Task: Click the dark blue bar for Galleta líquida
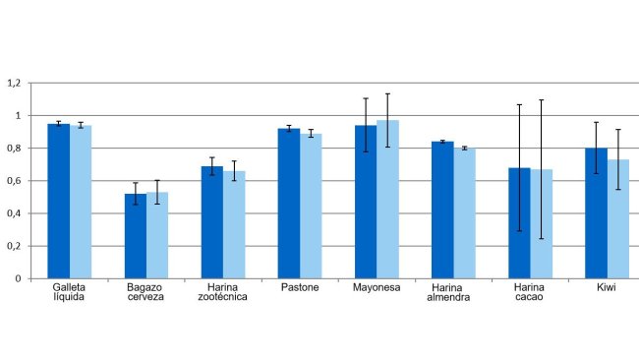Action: click(x=58, y=202)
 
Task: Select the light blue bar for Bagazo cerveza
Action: click(x=156, y=236)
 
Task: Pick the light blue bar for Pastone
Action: click(x=311, y=207)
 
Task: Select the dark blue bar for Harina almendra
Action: click(x=442, y=210)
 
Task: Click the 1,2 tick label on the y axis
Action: click(x=13, y=84)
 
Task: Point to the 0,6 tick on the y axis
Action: click(x=13, y=181)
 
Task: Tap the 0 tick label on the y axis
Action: click(x=18, y=278)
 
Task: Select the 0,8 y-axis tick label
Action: click(x=13, y=149)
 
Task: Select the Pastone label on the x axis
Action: click(x=300, y=288)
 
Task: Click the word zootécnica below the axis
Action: click(x=223, y=298)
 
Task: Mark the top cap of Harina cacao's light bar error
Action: click(x=541, y=99)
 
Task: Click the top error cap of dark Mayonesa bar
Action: click(x=366, y=98)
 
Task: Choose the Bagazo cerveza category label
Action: click(x=145, y=293)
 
